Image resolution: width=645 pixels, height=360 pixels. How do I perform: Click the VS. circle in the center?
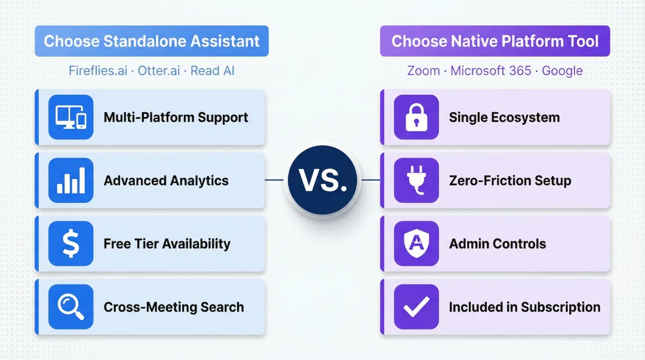click(x=322, y=180)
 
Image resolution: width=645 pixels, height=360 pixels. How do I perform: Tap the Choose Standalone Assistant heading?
click(x=152, y=41)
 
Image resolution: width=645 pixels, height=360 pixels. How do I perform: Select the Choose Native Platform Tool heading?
click(x=494, y=41)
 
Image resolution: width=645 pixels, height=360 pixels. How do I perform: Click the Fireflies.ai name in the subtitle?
click(x=98, y=70)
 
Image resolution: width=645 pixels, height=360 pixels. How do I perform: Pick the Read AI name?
click(x=213, y=70)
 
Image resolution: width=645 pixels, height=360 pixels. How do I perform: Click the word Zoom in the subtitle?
click(x=423, y=70)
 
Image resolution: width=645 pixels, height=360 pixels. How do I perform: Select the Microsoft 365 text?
click(x=490, y=70)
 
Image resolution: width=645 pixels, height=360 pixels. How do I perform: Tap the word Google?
click(x=563, y=70)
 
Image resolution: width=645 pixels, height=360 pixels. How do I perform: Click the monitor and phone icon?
click(x=71, y=117)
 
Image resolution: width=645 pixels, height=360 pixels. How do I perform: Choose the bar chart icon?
click(x=71, y=180)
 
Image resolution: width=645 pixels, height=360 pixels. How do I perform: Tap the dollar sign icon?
click(x=71, y=244)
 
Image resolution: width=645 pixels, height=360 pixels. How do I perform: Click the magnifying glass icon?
click(x=71, y=307)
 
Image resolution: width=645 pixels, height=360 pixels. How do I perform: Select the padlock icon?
click(x=416, y=117)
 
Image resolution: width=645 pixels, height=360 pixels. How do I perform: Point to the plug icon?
click(x=416, y=180)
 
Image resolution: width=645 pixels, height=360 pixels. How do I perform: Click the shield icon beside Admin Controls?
click(x=416, y=244)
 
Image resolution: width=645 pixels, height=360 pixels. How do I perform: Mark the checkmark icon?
click(x=416, y=307)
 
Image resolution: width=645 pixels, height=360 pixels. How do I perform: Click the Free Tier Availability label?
click(x=167, y=244)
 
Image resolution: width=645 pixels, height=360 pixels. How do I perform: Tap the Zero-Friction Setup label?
click(x=510, y=180)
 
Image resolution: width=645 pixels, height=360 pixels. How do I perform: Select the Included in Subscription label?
click(x=524, y=307)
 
